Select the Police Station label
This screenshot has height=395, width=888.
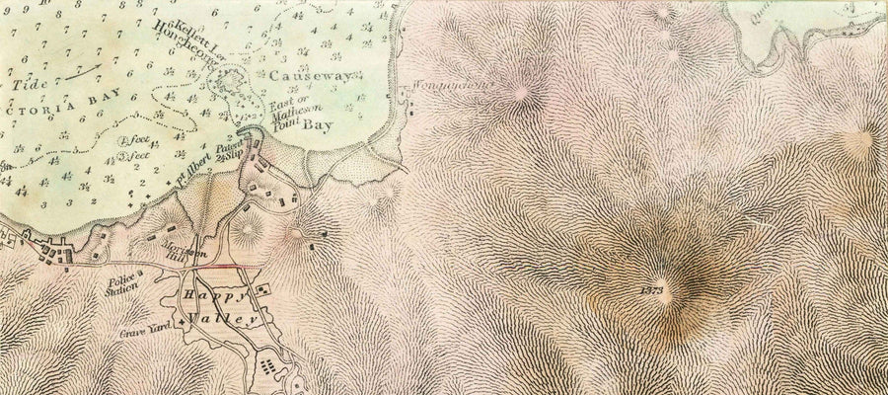coord(122,286)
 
